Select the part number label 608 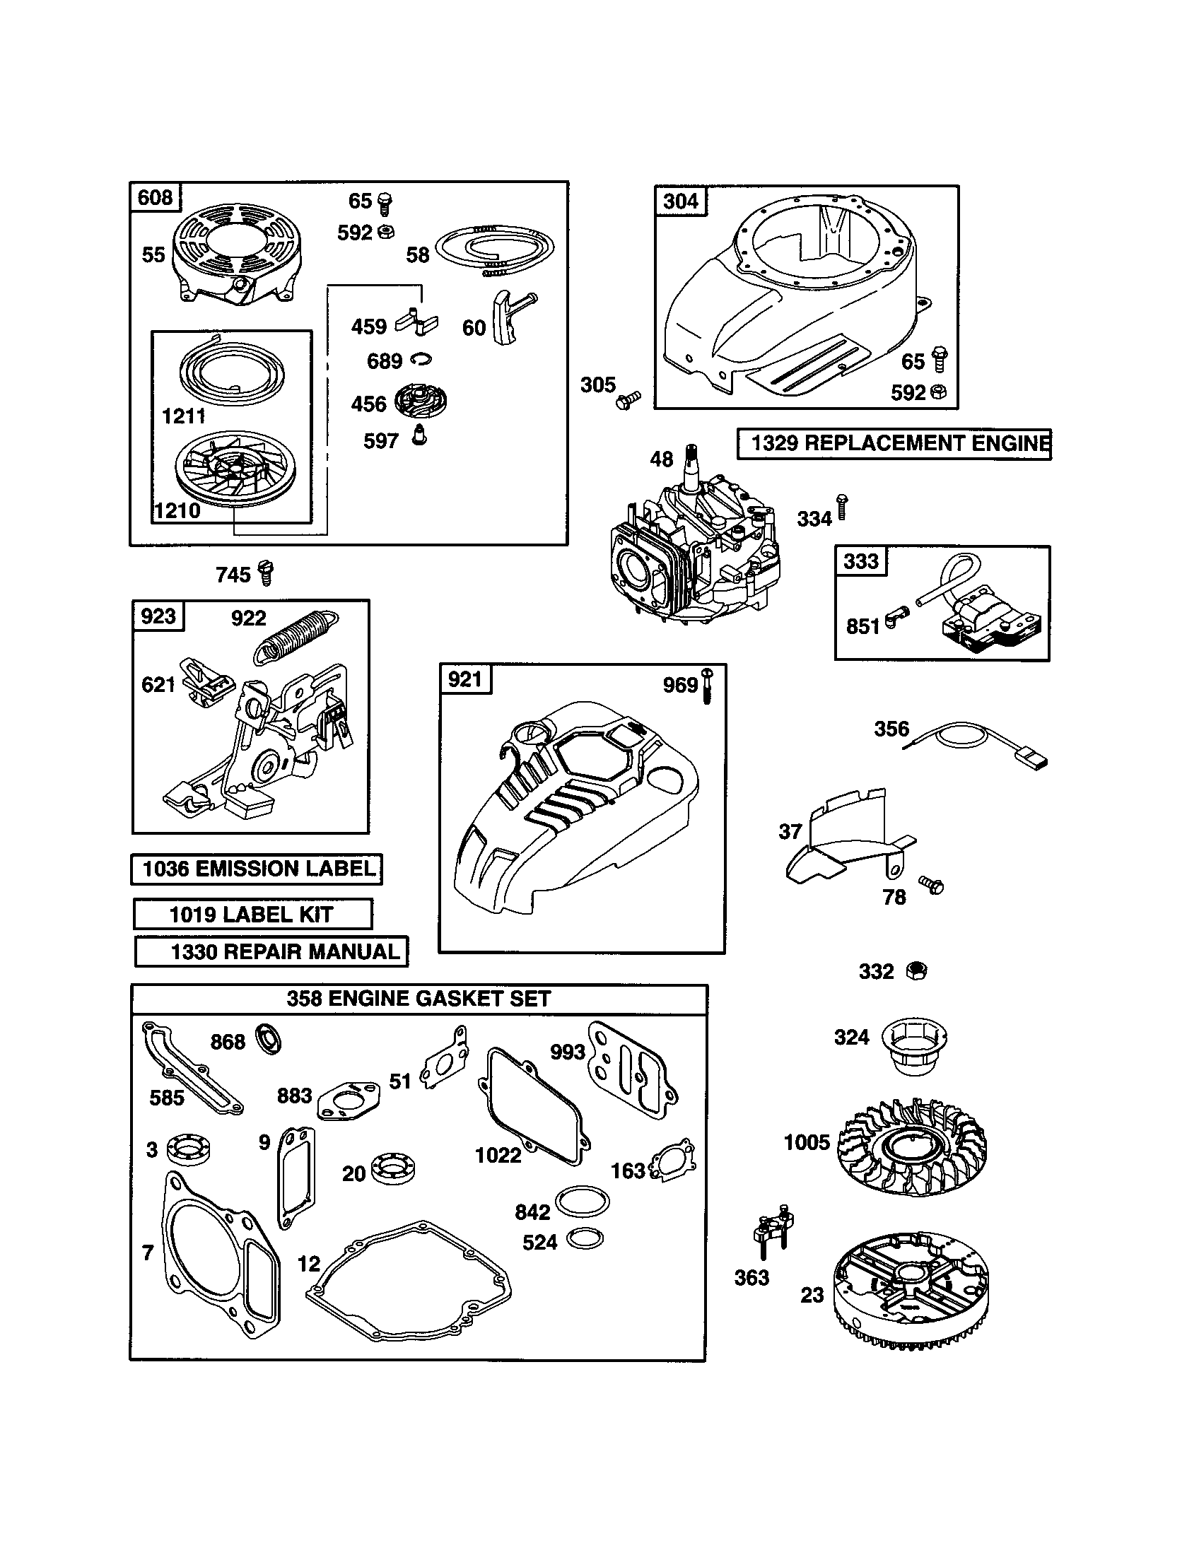point(156,197)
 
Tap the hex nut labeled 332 point(917,970)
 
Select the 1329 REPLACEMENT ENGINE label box point(894,444)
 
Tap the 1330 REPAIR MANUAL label point(271,951)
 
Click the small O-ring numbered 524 point(585,1239)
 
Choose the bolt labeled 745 point(267,573)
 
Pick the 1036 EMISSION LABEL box point(257,869)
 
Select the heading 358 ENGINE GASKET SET point(419,998)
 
